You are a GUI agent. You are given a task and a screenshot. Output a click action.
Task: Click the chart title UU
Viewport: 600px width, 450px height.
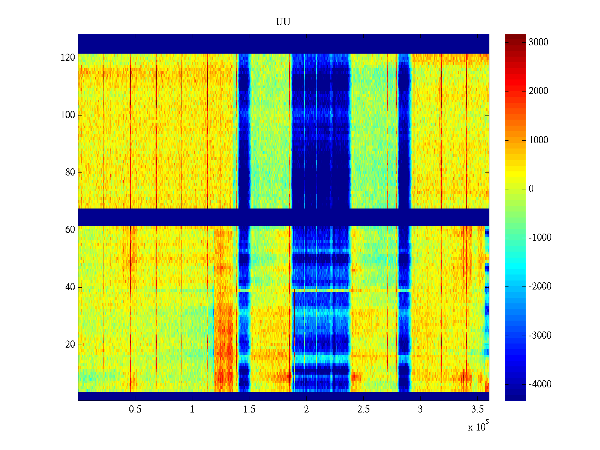point(283,22)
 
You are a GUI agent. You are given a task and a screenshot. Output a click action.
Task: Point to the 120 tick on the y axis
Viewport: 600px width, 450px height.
point(68,58)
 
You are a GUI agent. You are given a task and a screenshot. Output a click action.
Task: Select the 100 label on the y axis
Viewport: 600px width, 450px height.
point(68,115)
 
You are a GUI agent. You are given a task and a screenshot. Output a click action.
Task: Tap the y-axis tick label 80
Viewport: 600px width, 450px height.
point(70,172)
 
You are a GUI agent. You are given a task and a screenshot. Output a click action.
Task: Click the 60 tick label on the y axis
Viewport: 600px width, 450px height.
point(70,230)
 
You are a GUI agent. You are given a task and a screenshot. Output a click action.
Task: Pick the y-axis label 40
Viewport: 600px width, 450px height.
point(70,287)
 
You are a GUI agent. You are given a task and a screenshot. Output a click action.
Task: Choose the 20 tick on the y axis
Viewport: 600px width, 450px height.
point(70,345)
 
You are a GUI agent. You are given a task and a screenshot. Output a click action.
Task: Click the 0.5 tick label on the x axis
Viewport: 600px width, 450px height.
point(135,409)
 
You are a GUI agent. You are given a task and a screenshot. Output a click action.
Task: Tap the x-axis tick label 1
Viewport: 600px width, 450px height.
point(192,409)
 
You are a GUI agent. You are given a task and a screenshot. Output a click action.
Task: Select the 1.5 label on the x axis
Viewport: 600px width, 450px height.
point(249,409)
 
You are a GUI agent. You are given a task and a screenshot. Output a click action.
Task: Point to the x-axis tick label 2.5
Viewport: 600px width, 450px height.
point(363,409)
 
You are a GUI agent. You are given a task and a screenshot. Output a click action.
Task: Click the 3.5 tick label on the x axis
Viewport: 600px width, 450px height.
point(477,409)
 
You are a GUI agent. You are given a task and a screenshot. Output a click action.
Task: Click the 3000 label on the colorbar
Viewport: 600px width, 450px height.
point(538,42)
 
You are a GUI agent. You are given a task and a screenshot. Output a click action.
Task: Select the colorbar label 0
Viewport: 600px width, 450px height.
point(531,189)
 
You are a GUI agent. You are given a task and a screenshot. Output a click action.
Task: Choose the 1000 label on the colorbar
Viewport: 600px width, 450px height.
point(538,140)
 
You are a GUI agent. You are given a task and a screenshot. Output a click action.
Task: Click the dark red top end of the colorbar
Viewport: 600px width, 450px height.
point(515,36)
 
